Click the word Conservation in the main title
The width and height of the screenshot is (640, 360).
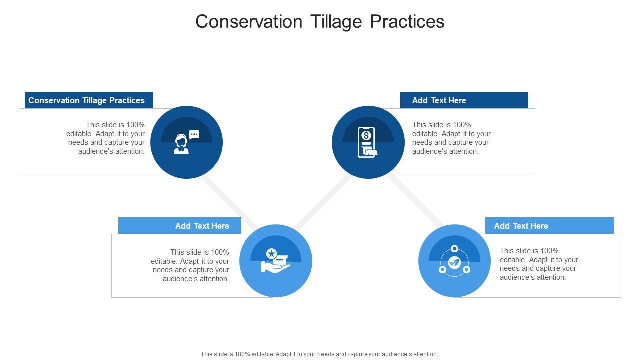[x=249, y=21]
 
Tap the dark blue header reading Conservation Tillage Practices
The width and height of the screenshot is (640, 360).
[x=89, y=100]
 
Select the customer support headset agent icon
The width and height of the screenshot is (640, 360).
[x=181, y=144]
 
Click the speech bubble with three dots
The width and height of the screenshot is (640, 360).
[x=194, y=134]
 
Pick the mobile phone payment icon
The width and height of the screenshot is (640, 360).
[x=367, y=142]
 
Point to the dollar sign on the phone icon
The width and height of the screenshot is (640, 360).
[x=366, y=135]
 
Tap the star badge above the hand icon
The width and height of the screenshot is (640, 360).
[x=271, y=253]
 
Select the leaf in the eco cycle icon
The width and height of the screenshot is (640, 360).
[x=454, y=262]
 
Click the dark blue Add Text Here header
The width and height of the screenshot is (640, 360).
[x=464, y=100]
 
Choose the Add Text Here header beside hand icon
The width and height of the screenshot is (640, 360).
[x=179, y=225]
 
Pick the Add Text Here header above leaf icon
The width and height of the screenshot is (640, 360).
[x=549, y=225]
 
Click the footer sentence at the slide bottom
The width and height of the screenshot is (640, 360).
[x=319, y=354]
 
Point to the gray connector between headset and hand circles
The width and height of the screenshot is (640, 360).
[x=230, y=202]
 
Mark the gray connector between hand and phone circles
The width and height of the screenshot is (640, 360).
[x=323, y=202]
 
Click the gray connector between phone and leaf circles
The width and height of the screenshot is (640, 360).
[x=415, y=200]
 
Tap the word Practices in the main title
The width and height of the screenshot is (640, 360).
[x=407, y=21]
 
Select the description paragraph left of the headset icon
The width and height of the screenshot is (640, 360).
[x=105, y=138]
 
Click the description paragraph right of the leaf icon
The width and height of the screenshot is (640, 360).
[x=539, y=264]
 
